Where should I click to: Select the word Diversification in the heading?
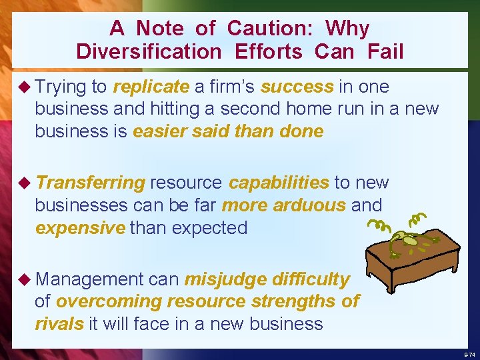pyautogui.click(x=149, y=52)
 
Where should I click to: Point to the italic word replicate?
pyautogui.click(x=151, y=87)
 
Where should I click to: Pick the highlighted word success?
pyautogui.click(x=297, y=87)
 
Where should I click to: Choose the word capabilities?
pyautogui.click(x=279, y=183)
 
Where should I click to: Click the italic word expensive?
pyautogui.click(x=80, y=227)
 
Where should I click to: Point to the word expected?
pyautogui.click(x=209, y=227)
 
